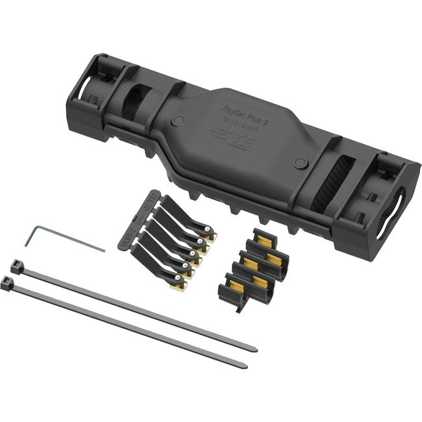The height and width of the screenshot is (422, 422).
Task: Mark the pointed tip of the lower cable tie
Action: [x=245, y=366]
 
